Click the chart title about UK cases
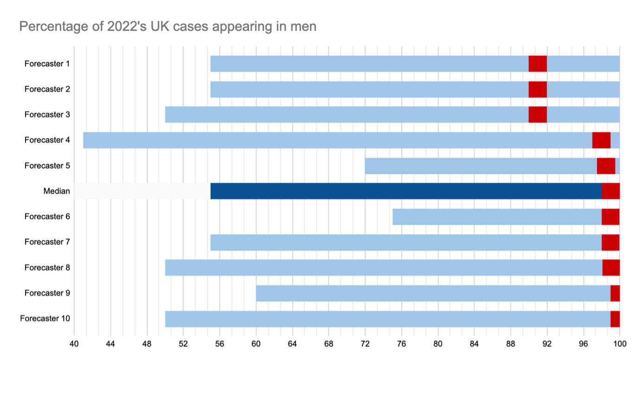click(x=167, y=26)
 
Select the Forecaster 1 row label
click(x=47, y=64)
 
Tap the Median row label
click(x=57, y=191)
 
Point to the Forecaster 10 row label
click(x=45, y=319)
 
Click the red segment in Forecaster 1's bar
click(x=538, y=64)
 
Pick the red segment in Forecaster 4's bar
click(x=601, y=140)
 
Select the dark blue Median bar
click(x=406, y=191)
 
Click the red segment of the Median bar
click(x=610, y=191)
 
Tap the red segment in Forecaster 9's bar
click(x=615, y=293)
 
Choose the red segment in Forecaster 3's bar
click(x=538, y=115)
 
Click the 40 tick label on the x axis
click(x=74, y=344)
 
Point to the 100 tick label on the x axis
click(x=620, y=344)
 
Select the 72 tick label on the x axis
click(x=365, y=344)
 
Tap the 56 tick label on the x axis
click(x=220, y=344)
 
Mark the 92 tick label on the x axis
click(x=547, y=344)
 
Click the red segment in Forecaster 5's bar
click(x=606, y=166)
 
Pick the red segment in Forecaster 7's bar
click(x=610, y=242)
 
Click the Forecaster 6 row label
click(x=47, y=217)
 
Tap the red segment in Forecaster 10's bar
click(x=615, y=319)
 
